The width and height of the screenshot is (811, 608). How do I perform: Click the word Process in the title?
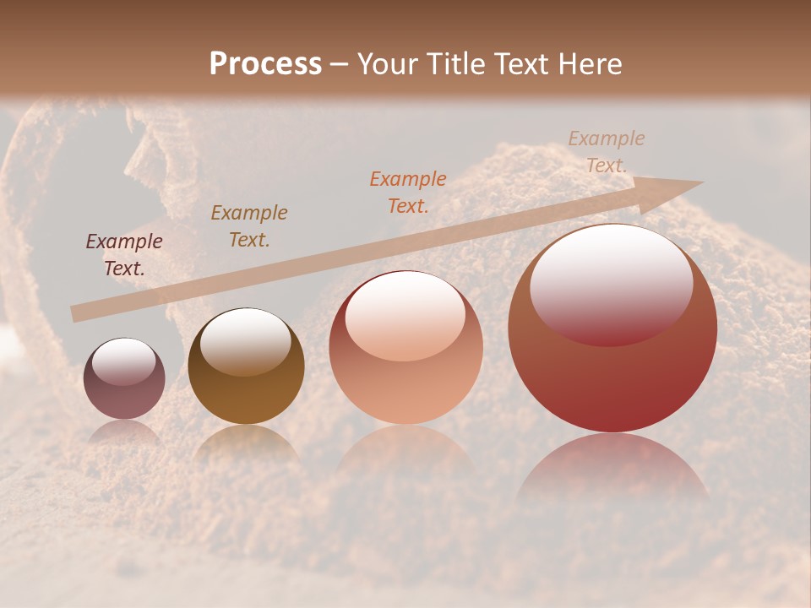point(265,63)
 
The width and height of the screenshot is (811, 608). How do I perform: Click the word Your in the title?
point(386,63)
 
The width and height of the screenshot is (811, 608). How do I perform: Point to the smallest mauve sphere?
point(124,378)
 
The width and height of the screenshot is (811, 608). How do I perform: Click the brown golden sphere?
point(246,366)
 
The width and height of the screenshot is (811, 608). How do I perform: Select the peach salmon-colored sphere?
point(406,347)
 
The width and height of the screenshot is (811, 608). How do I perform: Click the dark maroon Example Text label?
point(124,255)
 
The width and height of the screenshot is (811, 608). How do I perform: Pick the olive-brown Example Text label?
point(249,226)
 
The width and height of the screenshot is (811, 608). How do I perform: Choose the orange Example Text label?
point(408,192)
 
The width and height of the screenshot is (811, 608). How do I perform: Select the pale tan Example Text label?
point(607,152)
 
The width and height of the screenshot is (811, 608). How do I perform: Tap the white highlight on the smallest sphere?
point(123,361)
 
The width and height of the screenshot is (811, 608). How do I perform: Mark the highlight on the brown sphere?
point(246,341)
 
